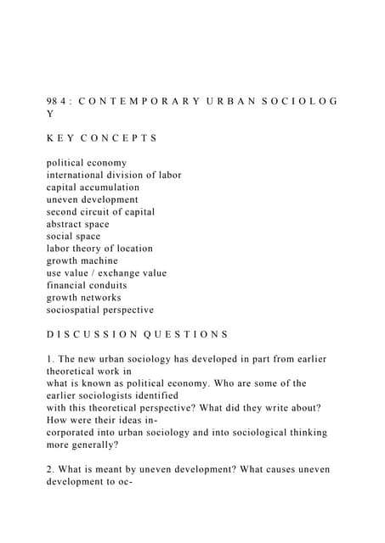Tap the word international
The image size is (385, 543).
pos(79,175)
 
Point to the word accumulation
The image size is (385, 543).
pos(110,187)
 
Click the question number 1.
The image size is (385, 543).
pos(50,359)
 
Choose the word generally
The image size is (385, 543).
pos(109,445)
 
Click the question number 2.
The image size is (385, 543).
pos(50,469)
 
